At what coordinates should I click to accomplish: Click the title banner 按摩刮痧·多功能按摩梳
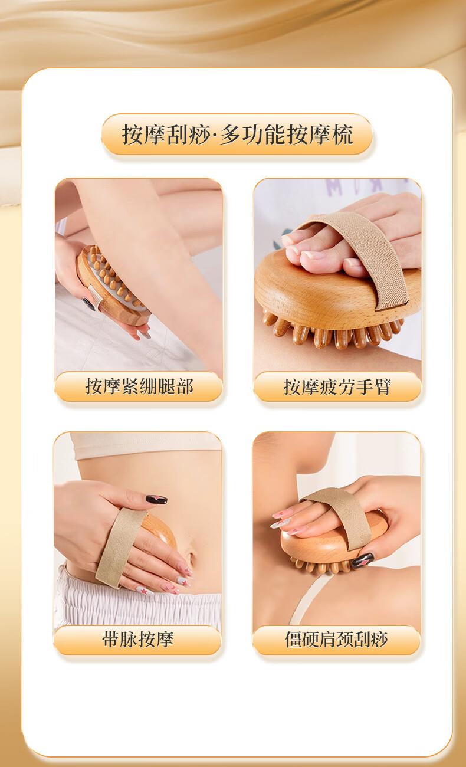(237, 135)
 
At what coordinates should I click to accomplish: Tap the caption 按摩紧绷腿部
(139, 386)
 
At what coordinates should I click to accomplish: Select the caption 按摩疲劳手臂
(337, 387)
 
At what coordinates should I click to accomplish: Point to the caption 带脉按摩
(137, 640)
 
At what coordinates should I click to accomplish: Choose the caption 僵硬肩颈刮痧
(336, 640)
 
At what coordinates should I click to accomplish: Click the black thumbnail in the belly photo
(156, 499)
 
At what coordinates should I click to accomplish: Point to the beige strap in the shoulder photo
(339, 516)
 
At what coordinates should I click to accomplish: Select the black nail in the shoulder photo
(363, 560)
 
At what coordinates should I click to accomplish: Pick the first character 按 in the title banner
(132, 135)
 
